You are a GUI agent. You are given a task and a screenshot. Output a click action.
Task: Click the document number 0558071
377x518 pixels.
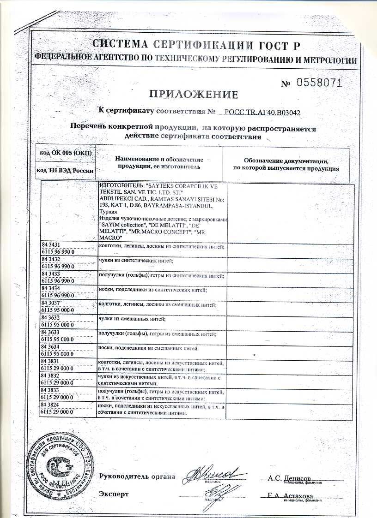318,83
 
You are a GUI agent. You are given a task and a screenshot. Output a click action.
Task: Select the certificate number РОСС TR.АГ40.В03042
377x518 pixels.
262,112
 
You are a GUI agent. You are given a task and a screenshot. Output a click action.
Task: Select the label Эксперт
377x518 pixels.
114,494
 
